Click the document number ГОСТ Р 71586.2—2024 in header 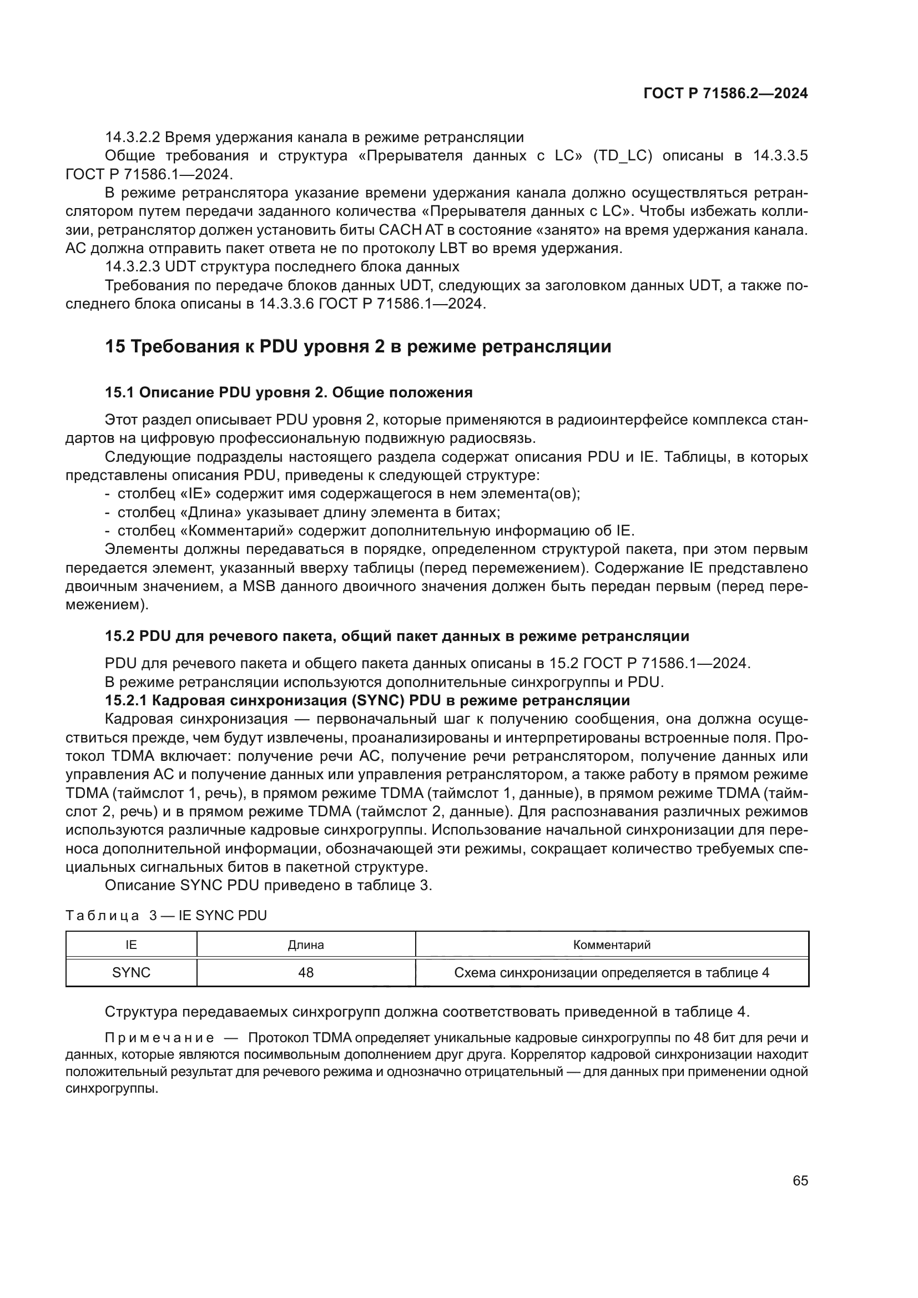coord(725,93)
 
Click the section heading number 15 coord(115,346)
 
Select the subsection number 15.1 coord(119,392)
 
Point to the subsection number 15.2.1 coord(125,700)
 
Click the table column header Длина coord(306,945)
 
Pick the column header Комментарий coord(612,945)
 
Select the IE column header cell coord(131,945)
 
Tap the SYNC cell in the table coord(131,972)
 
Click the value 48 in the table coord(306,972)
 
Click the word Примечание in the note coord(159,1038)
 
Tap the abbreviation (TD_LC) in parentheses coord(622,156)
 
